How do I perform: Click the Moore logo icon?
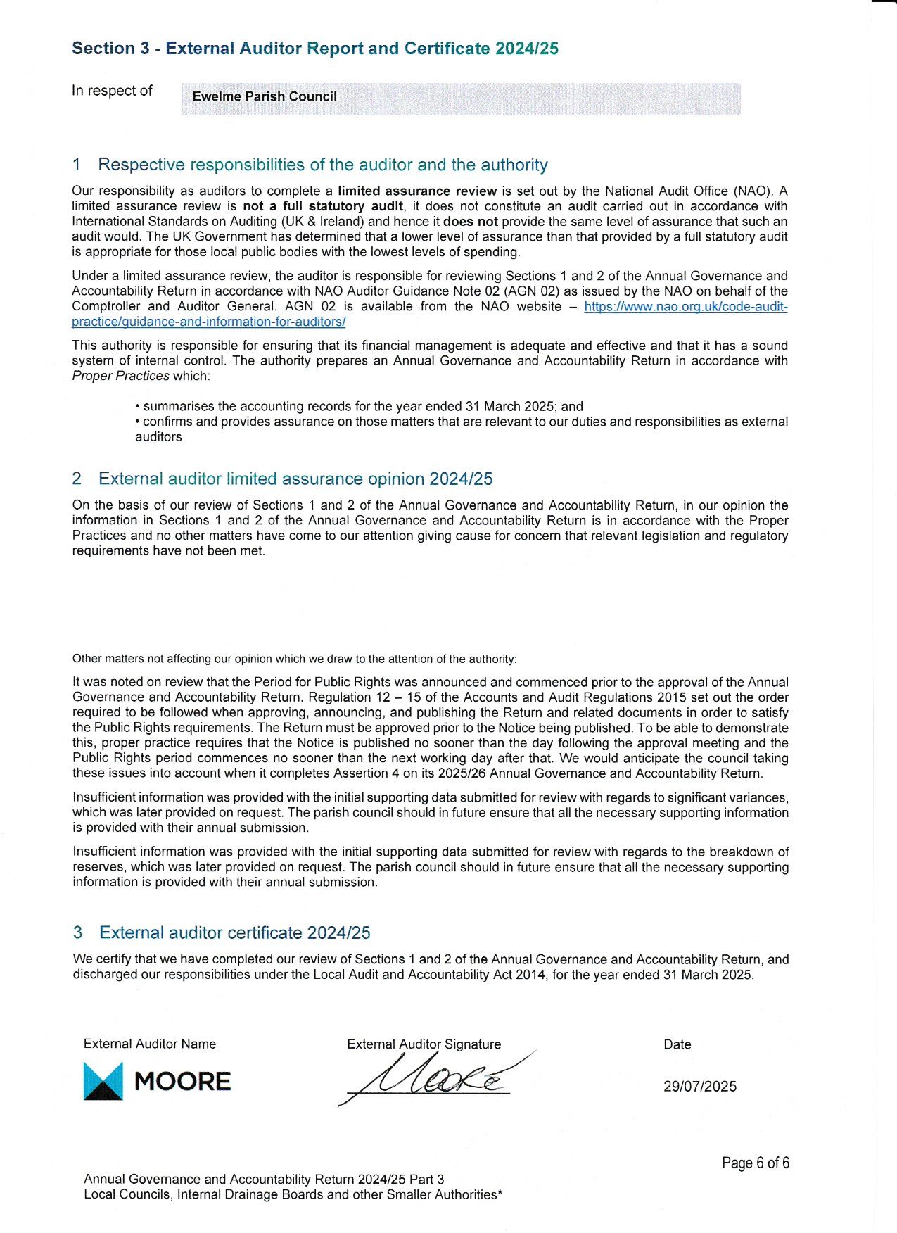point(103,1081)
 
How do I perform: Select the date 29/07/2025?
point(699,1086)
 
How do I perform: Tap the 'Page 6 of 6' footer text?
point(755,1163)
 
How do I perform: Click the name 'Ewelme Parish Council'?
point(265,96)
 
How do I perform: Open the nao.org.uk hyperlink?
point(685,307)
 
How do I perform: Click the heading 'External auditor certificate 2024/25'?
point(234,932)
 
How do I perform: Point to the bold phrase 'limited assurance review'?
point(417,191)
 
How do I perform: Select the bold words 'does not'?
point(470,221)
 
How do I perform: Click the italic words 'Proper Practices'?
point(120,376)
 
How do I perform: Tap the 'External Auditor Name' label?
point(149,1044)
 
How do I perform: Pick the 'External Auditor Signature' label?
point(424,1044)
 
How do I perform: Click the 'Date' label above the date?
point(677,1044)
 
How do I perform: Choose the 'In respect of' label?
point(112,91)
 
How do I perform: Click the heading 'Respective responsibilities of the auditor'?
point(322,165)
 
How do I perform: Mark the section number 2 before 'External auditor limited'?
point(77,479)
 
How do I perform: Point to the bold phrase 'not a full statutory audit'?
point(323,206)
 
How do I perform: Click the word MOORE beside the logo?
point(182,1082)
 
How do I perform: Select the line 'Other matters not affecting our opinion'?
point(294,659)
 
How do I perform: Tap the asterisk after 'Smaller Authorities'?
point(500,1193)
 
